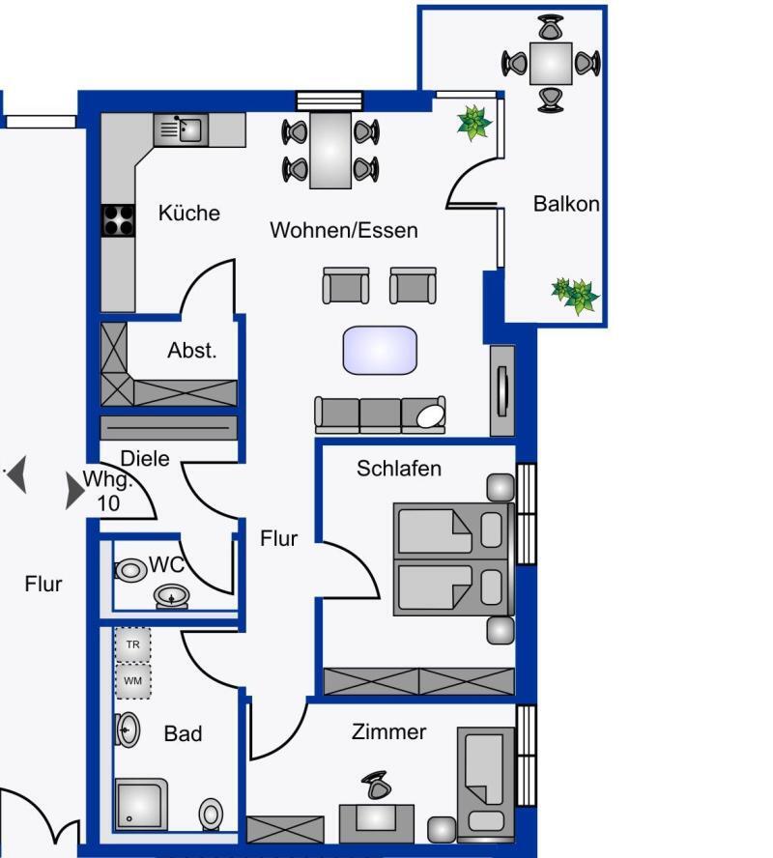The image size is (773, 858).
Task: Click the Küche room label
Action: [189, 213]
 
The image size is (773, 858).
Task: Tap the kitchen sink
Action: [181, 129]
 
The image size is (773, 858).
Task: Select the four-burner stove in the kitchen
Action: [118, 220]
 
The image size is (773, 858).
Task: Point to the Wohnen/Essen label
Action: [344, 230]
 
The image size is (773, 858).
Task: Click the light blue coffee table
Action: [380, 350]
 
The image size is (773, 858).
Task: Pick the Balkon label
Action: [566, 204]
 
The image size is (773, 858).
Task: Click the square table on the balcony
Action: [551, 64]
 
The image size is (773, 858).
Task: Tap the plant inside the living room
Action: [474, 123]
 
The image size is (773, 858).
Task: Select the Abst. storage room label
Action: [192, 350]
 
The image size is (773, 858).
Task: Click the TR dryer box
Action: [133, 644]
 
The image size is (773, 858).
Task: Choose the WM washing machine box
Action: [133, 681]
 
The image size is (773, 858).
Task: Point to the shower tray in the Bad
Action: [141, 804]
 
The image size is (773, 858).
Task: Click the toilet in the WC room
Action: [130, 570]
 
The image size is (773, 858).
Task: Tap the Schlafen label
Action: [399, 469]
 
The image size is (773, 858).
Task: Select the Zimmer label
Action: [389, 731]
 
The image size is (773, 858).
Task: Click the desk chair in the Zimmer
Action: [377, 786]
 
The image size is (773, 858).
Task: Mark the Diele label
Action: [144, 459]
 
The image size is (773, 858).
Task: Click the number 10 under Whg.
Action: [108, 503]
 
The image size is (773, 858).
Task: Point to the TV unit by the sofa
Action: [502, 390]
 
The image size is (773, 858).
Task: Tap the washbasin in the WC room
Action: [171, 596]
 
